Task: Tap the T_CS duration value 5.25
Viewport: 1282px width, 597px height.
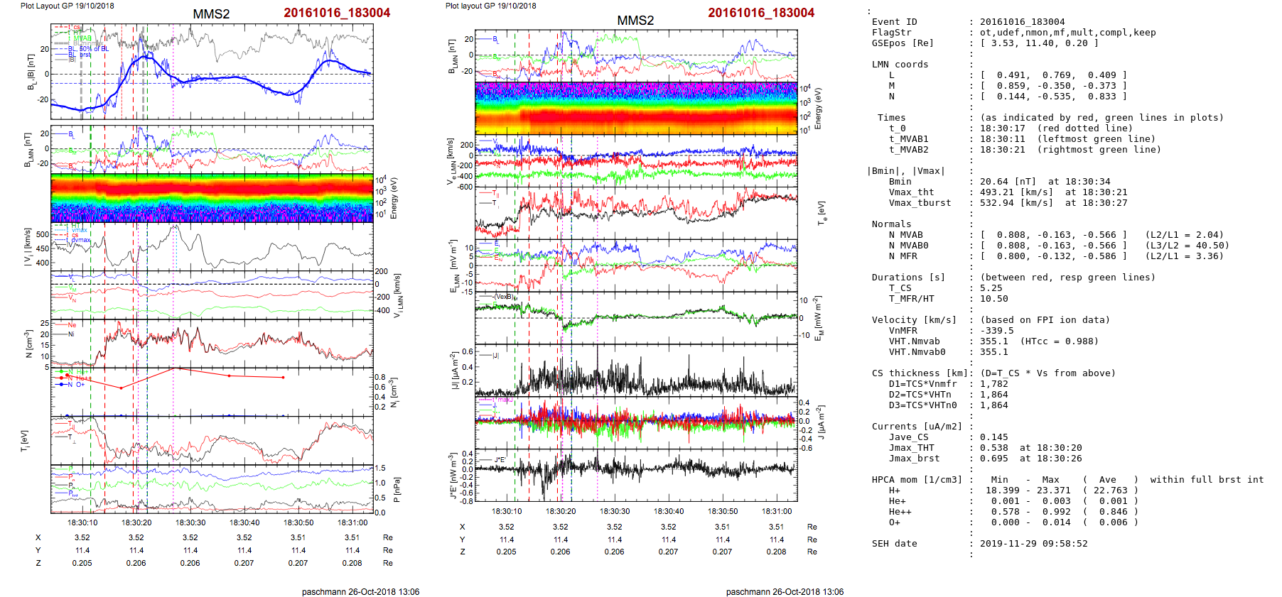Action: (991, 288)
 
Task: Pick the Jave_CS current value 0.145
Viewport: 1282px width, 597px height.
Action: (993, 437)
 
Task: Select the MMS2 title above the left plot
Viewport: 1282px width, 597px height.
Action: (211, 14)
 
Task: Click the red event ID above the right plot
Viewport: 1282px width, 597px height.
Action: (761, 13)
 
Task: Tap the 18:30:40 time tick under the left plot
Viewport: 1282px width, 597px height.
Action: (244, 523)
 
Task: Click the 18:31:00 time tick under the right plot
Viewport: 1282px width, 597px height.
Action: (777, 511)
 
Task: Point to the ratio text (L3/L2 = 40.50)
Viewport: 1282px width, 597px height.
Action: (1187, 246)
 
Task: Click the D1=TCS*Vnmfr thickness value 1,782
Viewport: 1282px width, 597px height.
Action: (993, 384)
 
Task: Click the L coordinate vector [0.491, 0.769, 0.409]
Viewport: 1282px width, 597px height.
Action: (1053, 75)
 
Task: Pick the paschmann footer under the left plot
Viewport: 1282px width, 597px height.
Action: (360, 592)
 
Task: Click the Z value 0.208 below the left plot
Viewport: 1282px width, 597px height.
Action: (352, 563)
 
